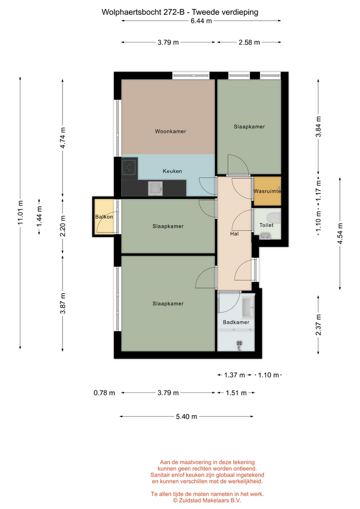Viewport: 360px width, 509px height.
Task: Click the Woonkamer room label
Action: [170, 131]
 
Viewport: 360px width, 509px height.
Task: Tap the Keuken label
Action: [172, 171]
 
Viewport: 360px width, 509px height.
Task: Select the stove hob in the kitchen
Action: [129, 167]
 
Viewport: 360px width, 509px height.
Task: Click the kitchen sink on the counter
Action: [155, 189]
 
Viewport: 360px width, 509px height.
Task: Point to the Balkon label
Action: [104, 217]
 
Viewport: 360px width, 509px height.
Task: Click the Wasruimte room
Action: [267, 191]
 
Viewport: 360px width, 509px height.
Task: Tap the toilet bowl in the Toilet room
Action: [274, 217]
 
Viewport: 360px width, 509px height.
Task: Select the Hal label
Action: [234, 234]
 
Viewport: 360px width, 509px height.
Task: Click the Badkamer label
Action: [236, 322]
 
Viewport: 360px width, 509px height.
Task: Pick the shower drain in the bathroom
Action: [240, 343]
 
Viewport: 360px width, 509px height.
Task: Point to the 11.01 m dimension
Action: [20, 213]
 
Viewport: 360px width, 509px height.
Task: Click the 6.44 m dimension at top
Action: [201, 21]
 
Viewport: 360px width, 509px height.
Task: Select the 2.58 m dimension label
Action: [249, 42]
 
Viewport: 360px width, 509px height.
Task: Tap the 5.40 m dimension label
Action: [187, 417]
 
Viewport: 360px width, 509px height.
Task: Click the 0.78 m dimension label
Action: [104, 393]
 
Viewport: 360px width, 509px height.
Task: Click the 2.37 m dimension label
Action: [318, 325]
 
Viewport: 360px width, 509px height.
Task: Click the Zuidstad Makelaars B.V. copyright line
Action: [207, 501]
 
